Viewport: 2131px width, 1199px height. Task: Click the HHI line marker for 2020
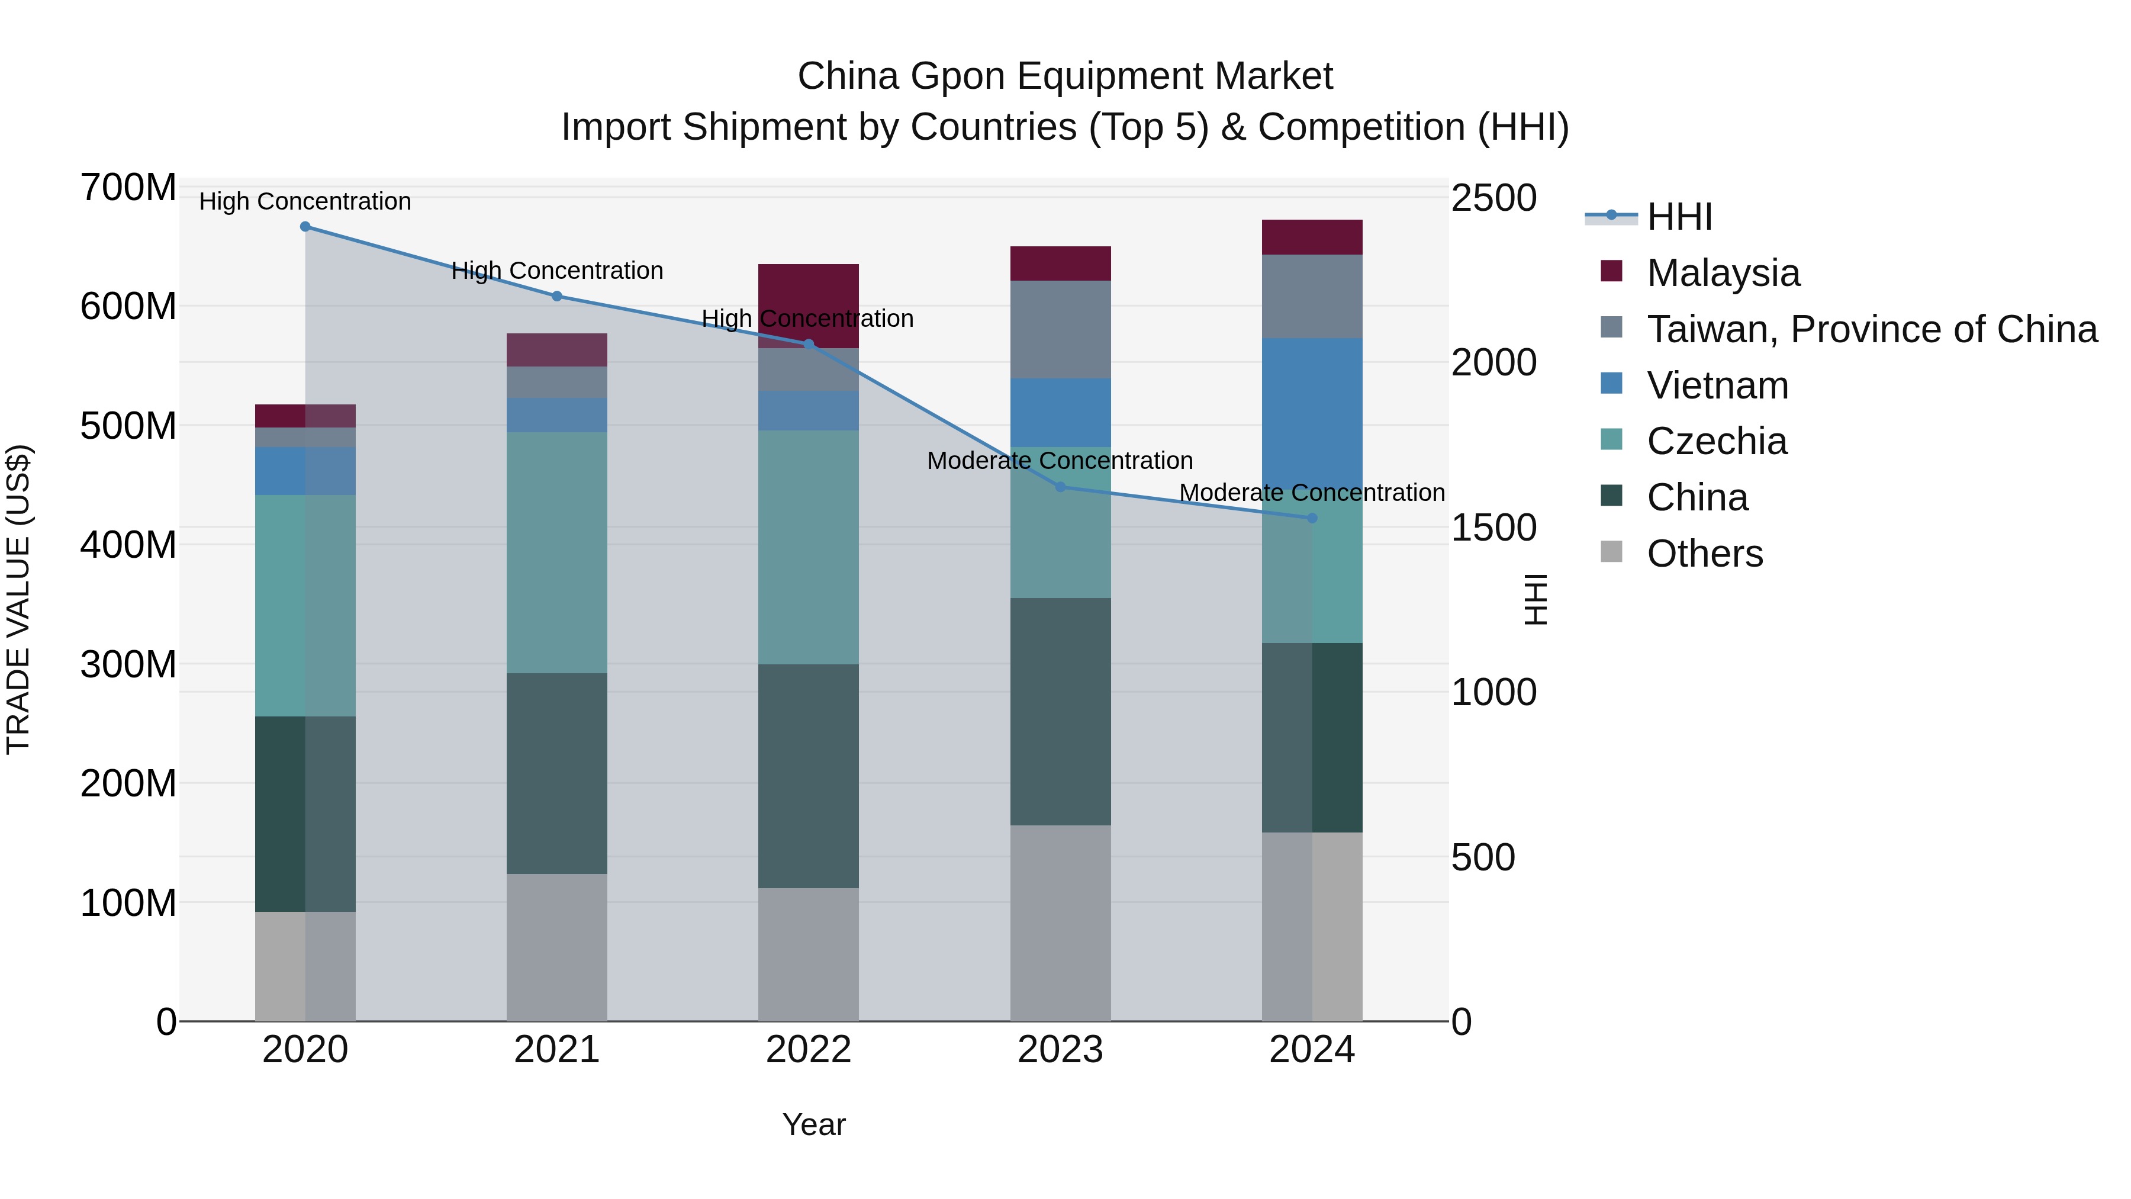click(305, 227)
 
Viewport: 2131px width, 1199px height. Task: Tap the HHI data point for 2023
click(1061, 487)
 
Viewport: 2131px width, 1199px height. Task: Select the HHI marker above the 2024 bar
click(1312, 518)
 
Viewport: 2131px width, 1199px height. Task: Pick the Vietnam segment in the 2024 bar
click(1312, 414)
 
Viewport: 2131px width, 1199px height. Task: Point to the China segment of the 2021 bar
click(557, 774)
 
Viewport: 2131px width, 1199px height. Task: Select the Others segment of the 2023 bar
click(1061, 922)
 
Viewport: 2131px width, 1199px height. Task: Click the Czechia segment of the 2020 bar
click(305, 606)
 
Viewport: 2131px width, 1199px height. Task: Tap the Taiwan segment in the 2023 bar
click(1061, 329)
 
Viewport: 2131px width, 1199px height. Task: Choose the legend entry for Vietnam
click(1717, 385)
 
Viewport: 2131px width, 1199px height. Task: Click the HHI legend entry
click(1679, 217)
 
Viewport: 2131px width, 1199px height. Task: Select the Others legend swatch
click(1611, 552)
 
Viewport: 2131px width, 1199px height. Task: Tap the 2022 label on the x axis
click(808, 1050)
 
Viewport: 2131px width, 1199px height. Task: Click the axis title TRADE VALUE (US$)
click(18, 599)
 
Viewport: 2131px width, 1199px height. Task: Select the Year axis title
click(814, 1124)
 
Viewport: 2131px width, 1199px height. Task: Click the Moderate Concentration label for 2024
click(1312, 493)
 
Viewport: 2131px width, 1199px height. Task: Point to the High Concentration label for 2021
click(557, 271)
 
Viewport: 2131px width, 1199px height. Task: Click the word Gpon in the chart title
click(959, 76)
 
